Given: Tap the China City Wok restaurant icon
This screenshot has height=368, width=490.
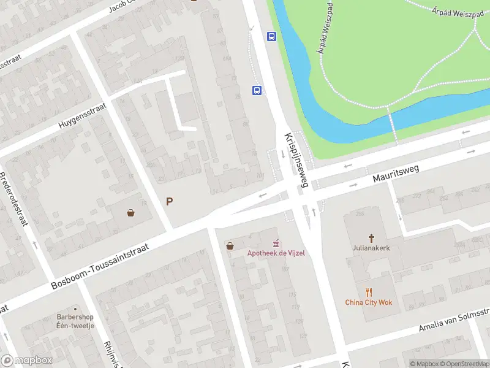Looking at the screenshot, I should point(368,292).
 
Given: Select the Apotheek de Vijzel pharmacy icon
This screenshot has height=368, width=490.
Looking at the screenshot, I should point(276,243).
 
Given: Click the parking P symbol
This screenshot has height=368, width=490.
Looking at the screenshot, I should point(169,201).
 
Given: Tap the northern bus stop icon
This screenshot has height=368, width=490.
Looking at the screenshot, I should point(271,36).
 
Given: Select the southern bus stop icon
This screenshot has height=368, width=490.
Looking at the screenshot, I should point(257,91).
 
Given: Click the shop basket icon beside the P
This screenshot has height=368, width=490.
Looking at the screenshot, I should point(131,213).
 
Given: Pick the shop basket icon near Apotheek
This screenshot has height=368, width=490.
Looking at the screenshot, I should point(230,245).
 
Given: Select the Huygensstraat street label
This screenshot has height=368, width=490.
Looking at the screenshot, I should point(82,115).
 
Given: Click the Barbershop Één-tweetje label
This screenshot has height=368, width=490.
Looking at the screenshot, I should point(75,321).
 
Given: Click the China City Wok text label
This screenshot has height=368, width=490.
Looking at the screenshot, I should point(368,302).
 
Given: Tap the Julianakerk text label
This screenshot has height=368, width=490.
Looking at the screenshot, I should point(371,248).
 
